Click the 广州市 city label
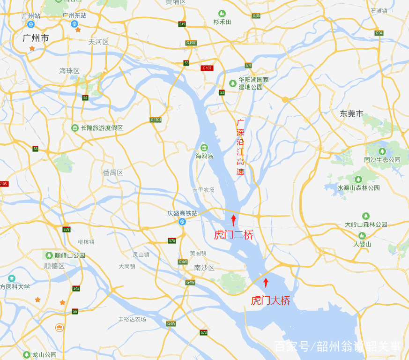pos(36,38)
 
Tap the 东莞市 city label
pos(351,113)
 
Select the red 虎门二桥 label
pos(233,235)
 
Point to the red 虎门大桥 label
pos(270,300)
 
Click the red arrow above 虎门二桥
pos(233,220)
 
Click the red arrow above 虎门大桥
pos(266,283)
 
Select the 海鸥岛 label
pos(204,156)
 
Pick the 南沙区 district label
pos(204,268)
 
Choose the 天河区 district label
pos(98,42)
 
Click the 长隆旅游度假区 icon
pos(75,128)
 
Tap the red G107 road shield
pos(207,68)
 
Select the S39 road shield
pos(67,229)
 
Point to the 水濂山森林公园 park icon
pos(358,179)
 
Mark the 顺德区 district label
pos(54,265)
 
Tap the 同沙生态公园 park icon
pos(382,151)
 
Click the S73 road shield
pos(203,332)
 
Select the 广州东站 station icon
pos(74,23)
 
